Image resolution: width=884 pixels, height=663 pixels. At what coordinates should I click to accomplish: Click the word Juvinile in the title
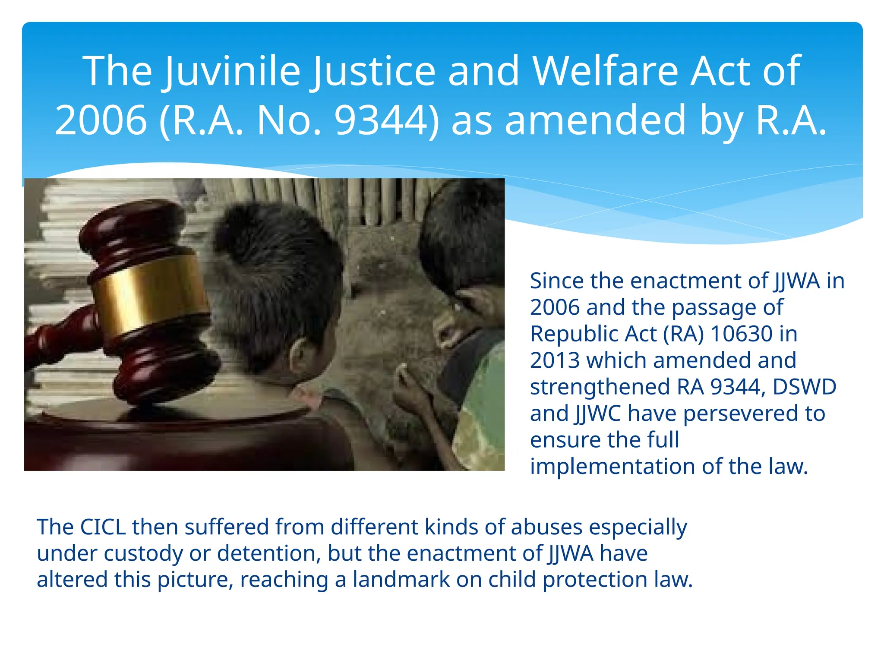[232, 71]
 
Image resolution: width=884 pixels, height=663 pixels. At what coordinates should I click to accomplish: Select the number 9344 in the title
[386, 120]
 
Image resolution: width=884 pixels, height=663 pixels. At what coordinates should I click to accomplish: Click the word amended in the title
[595, 120]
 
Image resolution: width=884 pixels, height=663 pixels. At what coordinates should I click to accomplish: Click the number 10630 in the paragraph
[741, 334]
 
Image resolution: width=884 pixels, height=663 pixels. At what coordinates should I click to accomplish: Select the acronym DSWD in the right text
[804, 387]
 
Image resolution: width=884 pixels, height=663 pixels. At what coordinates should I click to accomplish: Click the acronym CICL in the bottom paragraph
[103, 527]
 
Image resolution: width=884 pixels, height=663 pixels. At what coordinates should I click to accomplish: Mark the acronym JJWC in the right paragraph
[597, 414]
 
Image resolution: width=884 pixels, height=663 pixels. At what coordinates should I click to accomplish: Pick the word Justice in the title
[373, 71]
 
